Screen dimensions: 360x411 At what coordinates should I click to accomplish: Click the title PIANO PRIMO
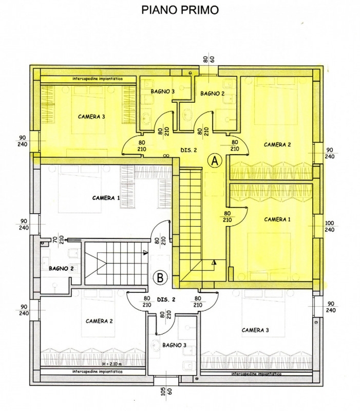(x=180, y=10)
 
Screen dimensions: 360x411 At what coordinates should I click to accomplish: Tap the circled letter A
(x=215, y=161)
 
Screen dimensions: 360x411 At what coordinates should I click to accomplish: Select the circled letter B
(x=160, y=277)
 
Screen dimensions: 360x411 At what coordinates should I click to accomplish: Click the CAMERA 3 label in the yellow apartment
(x=91, y=117)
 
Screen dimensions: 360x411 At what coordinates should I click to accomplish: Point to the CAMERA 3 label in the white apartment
(x=255, y=330)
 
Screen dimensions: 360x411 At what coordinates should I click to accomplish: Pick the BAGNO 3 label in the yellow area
(x=163, y=91)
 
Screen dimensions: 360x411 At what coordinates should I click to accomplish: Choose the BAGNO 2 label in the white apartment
(x=61, y=269)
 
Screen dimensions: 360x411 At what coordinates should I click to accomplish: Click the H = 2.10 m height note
(x=112, y=364)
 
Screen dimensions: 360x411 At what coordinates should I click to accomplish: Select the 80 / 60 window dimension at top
(x=209, y=59)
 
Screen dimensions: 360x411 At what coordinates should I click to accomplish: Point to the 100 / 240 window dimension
(x=329, y=227)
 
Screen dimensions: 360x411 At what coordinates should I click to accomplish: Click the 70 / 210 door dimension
(x=58, y=239)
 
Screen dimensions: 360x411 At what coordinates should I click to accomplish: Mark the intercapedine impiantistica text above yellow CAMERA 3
(x=98, y=79)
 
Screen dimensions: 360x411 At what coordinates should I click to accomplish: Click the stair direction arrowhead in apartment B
(x=146, y=253)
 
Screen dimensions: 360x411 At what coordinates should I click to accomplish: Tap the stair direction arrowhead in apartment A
(x=214, y=262)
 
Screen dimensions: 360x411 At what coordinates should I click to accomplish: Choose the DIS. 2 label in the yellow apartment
(x=188, y=151)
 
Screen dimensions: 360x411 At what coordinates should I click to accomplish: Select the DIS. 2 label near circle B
(x=166, y=300)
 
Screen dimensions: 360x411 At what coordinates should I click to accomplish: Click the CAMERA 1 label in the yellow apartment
(x=277, y=219)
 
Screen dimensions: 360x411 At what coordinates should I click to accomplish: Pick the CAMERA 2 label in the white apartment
(x=99, y=321)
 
